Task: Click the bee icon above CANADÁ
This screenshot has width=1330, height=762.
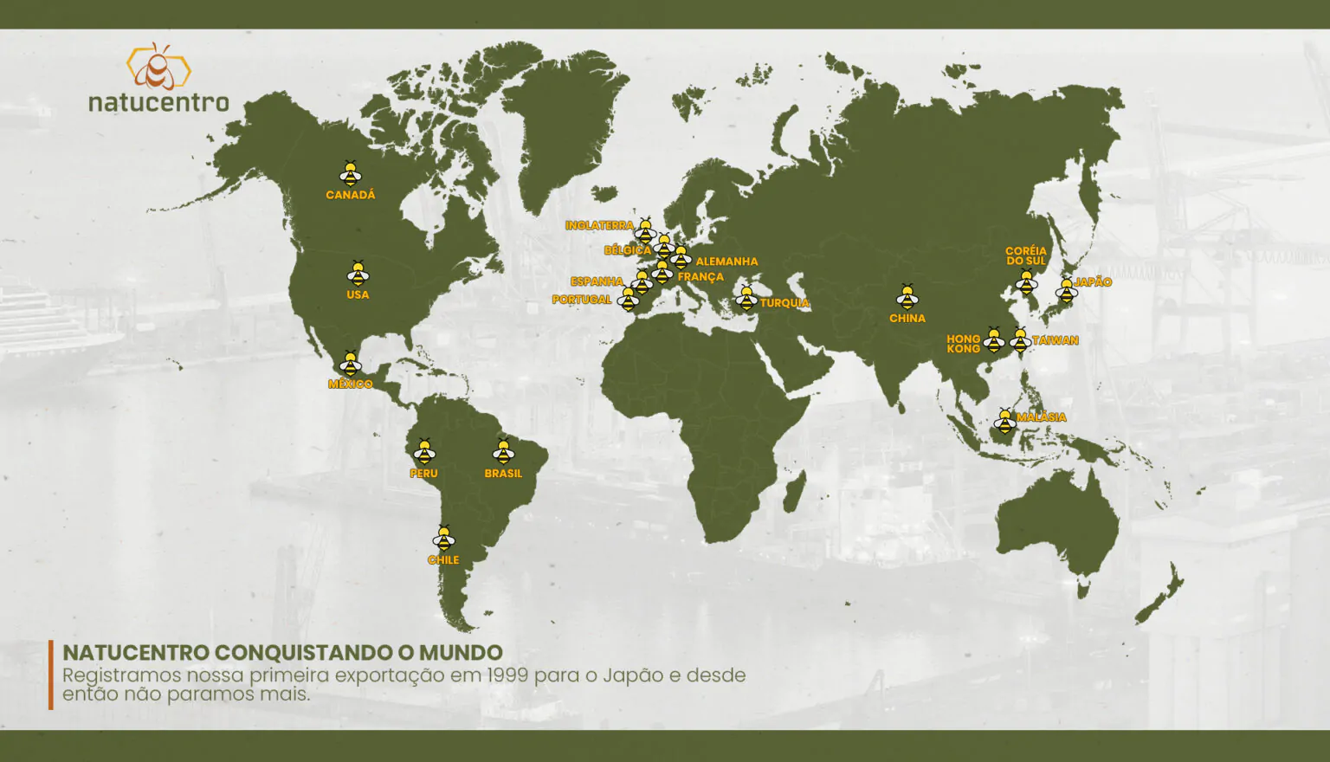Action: [x=350, y=174]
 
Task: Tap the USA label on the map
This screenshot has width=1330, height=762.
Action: [x=358, y=294]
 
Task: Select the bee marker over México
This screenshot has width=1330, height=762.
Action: [x=350, y=363]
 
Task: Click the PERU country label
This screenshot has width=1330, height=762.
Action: [x=423, y=473]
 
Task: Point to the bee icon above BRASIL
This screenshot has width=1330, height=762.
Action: [x=503, y=452]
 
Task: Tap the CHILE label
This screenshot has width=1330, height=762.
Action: [x=443, y=559]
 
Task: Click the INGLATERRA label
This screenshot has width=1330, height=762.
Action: [x=599, y=225]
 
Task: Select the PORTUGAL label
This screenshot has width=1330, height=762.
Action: [x=582, y=300]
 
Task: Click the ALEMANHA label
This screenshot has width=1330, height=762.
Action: [x=726, y=262]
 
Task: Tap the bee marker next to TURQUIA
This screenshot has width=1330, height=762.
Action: [x=746, y=298]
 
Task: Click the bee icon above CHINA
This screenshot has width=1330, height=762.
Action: [x=907, y=298]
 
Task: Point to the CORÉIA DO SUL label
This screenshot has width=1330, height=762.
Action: [x=1026, y=255]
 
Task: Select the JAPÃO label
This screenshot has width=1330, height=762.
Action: [x=1093, y=282]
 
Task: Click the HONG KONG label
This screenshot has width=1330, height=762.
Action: [x=963, y=344]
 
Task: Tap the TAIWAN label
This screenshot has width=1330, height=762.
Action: [x=1056, y=340]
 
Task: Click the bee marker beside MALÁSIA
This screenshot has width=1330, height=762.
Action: [x=1004, y=422]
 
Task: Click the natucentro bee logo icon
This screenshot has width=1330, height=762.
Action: [x=158, y=67]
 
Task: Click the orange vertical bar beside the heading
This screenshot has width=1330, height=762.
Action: [x=51, y=675]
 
